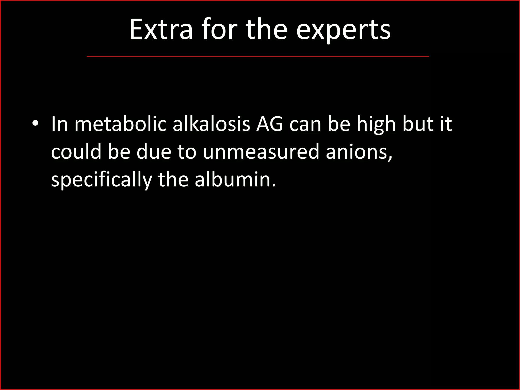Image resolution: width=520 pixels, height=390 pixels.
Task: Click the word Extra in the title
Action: point(161,30)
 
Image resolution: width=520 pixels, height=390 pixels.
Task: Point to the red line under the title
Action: point(258,56)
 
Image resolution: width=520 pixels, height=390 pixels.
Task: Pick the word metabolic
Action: point(121,124)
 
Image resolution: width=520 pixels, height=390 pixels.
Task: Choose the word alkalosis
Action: point(212,124)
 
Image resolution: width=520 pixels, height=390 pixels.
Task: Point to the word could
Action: point(76,152)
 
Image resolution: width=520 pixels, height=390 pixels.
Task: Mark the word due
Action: point(154,152)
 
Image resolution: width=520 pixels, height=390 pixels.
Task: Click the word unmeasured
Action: point(261,152)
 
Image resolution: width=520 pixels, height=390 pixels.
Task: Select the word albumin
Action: point(235,179)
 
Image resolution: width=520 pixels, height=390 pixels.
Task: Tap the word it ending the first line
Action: point(446,124)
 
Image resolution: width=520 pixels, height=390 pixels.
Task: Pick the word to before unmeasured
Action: point(187,152)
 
